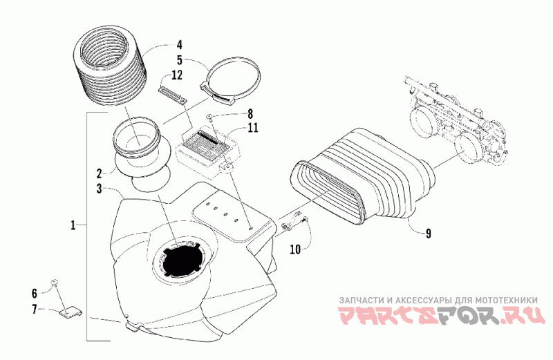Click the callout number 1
[73, 225]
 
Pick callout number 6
[33, 292]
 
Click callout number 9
[428, 234]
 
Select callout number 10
[294, 249]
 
